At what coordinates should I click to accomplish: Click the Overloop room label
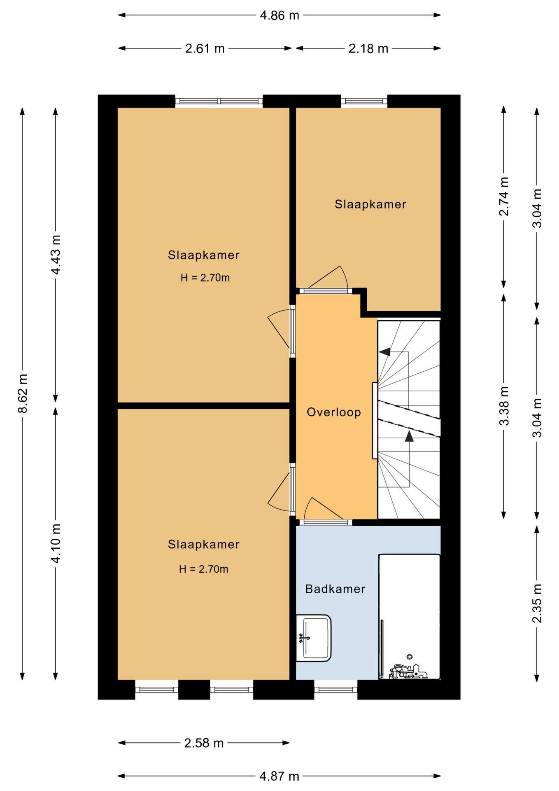tap(334, 412)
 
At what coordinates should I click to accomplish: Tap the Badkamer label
tap(335, 589)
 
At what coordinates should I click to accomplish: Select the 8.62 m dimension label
tap(23, 393)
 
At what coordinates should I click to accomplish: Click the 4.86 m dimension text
tap(279, 15)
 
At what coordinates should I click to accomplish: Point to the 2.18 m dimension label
tap(368, 48)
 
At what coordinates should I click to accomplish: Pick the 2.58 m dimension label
tap(204, 743)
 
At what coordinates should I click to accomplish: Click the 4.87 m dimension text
tap(279, 776)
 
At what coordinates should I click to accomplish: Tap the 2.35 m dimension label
tap(537, 603)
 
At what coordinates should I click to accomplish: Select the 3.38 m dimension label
tap(504, 406)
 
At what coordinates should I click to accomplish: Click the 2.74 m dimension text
tap(504, 197)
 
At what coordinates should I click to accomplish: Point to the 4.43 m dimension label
tap(56, 255)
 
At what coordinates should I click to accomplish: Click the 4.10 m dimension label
tap(56, 543)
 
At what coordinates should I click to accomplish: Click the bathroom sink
tap(314, 638)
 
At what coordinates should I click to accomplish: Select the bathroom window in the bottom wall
tap(336, 690)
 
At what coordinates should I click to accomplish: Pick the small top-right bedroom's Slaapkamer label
tap(370, 204)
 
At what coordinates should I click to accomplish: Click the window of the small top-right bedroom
tap(364, 101)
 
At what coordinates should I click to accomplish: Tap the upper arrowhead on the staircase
tap(385, 352)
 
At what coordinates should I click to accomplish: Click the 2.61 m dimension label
tap(205, 48)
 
